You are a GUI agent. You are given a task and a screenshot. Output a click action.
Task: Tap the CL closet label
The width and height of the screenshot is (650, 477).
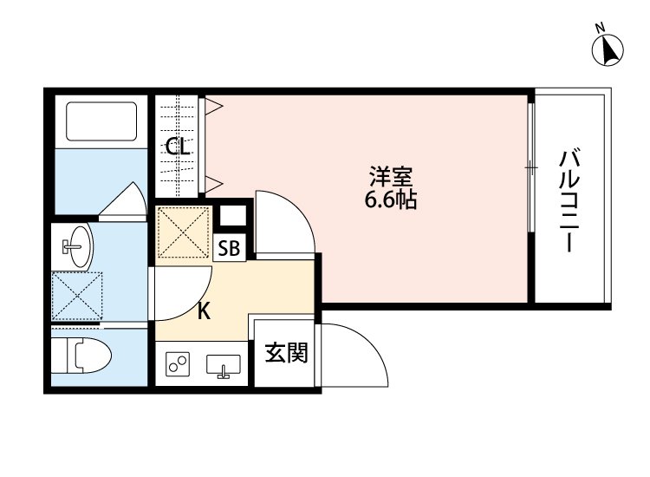pyautogui.click(x=179, y=147)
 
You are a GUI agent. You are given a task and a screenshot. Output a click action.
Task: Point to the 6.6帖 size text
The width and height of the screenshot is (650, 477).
pyautogui.click(x=390, y=201)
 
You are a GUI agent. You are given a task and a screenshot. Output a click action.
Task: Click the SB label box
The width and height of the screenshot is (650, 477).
pyautogui.click(x=229, y=248)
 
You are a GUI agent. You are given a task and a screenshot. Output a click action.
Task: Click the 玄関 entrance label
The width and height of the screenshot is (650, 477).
pyautogui.click(x=286, y=353)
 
